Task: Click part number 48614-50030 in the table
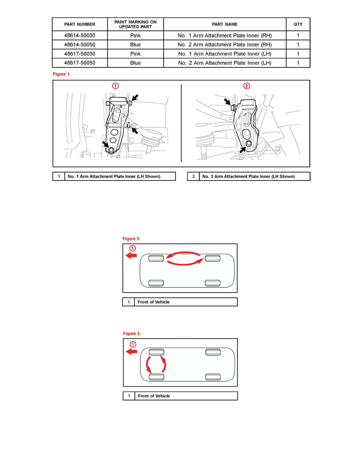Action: tap(80, 35)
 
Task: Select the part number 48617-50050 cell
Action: tap(80, 63)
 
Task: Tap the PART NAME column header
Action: tap(225, 24)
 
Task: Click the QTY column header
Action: tap(298, 24)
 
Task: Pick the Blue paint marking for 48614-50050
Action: tap(135, 45)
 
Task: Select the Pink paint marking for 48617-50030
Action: tap(135, 54)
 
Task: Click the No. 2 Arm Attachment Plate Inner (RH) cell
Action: tap(225, 45)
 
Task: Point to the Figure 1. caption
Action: tap(62, 74)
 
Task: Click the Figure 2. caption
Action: tap(131, 238)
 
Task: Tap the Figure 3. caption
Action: tap(132, 333)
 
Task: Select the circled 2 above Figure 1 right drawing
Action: tap(247, 86)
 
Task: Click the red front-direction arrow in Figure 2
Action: tap(131, 255)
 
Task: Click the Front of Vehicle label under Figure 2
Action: tap(154, 302)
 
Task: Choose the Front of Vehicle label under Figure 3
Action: tap(154, 396)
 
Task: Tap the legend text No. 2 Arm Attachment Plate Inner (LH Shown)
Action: tap(248, 177)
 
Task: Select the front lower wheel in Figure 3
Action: tap(156, 377)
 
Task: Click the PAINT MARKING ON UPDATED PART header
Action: tap(135, 24)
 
